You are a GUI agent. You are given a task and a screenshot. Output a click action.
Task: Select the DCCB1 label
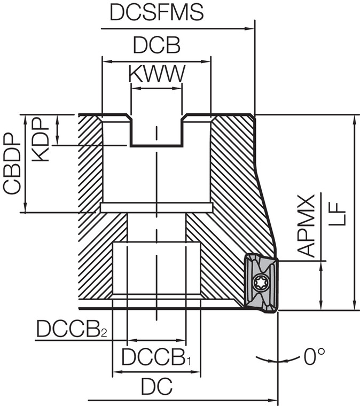pos(156,357)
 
